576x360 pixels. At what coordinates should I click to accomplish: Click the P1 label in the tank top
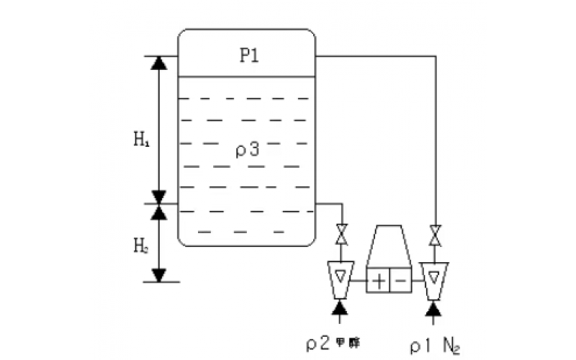(249, 56)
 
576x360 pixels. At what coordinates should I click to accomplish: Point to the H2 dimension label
(140, 245)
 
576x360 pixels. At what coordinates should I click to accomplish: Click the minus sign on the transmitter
(400, 278)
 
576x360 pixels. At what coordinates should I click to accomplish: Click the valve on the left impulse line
(341, 235)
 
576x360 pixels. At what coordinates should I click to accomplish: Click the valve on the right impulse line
(435, 235)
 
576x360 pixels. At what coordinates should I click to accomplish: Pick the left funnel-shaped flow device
(341, 277)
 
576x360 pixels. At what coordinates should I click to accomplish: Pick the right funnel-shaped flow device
(434, 277)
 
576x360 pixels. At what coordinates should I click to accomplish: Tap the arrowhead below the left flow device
(341, 310)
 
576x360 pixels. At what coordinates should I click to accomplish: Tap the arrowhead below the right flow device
(434, 310)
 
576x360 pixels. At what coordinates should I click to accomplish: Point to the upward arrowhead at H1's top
(159, 63)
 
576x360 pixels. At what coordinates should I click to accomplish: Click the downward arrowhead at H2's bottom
(159, 274)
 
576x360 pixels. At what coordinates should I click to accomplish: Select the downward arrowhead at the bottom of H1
(159, 197)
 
